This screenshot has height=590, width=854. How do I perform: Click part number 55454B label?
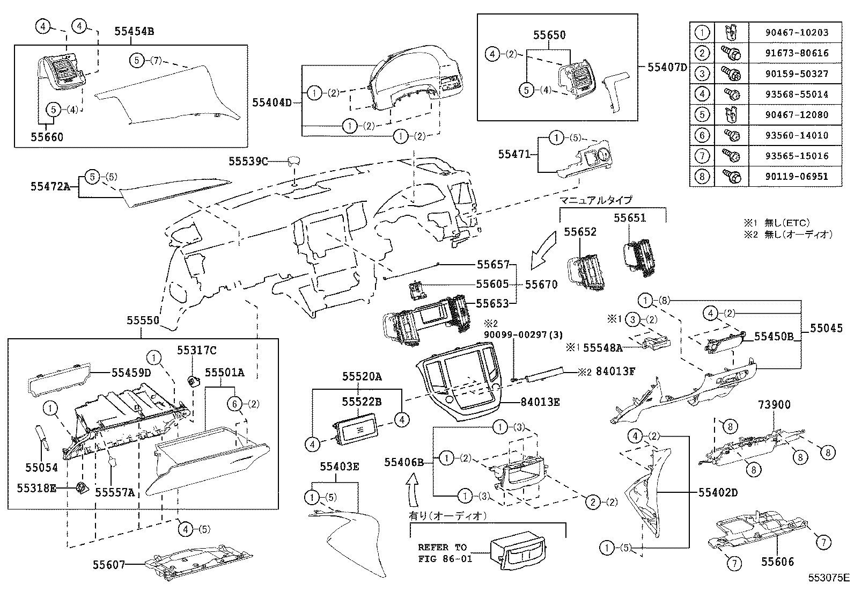tap(134, 31)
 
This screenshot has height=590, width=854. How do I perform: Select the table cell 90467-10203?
tap(797, 32)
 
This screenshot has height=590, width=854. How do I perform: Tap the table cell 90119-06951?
tap(797, 176)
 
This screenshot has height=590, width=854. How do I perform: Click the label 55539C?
tap(248, 161)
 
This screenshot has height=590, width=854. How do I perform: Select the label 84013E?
tap(540, 402)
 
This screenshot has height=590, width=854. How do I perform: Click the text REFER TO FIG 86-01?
tap(443, 552)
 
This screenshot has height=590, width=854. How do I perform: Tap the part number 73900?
tap(774, 405)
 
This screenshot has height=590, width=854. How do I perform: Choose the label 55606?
tap(777, 562)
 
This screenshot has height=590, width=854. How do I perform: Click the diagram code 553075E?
tap(829, 578)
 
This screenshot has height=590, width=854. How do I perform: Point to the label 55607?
tap(109, 564)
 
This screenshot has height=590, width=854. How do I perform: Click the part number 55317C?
tap(197, 350)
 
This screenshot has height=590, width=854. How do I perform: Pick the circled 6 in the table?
tap(702, 135)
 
